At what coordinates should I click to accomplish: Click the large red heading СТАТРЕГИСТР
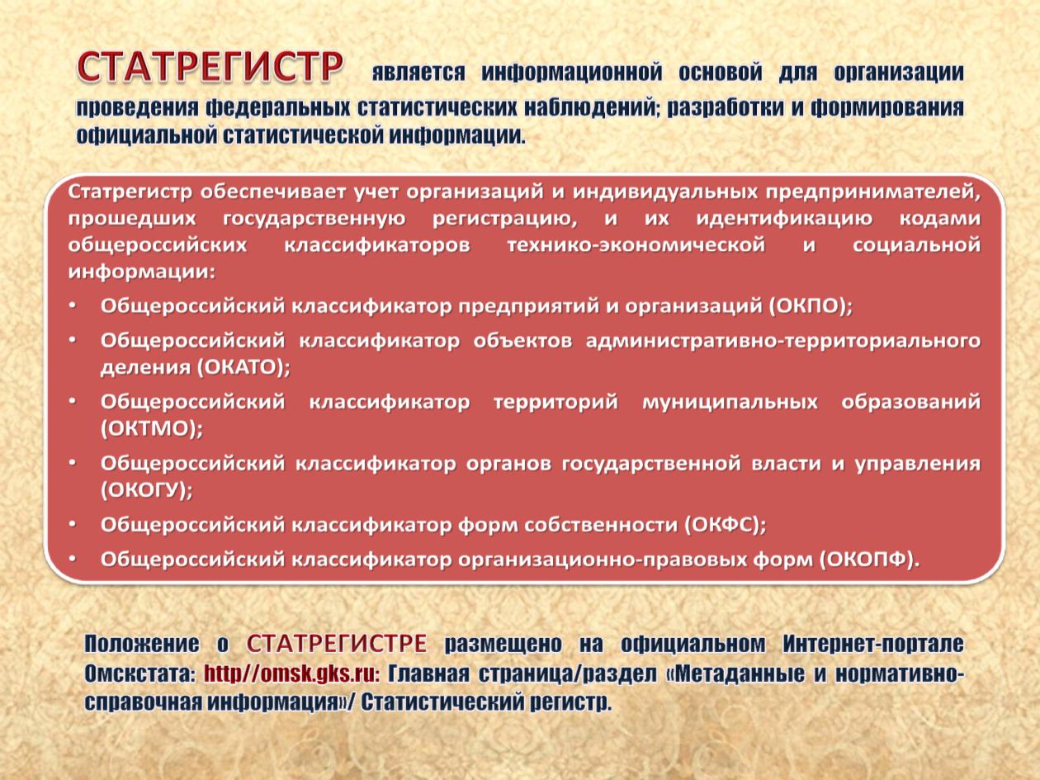click(x=210, y=68)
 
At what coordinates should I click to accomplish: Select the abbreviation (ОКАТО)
click(x=243, y=367)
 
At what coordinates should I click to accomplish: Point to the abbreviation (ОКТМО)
click(x=152, y=428)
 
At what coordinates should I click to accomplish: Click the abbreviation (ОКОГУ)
click(x=147, y=490)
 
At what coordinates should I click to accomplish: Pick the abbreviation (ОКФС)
click(x=725, y=525)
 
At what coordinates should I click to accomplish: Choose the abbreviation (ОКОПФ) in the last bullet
click(x=870, y=560)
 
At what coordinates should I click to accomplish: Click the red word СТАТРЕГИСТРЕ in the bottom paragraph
click(x=337, y=644)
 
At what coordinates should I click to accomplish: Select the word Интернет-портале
click(x=872, y=644)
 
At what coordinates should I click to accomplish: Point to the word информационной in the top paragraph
click(x=572, y=72)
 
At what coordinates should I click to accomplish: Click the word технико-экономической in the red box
click(x=636, y=245)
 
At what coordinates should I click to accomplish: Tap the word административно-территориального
click(x=783, y=341)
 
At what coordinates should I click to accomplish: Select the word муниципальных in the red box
click(x=730, y=403)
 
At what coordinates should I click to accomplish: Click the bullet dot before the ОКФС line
click(x=73, y=524)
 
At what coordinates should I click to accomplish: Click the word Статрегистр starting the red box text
click(x=130, y=192)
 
